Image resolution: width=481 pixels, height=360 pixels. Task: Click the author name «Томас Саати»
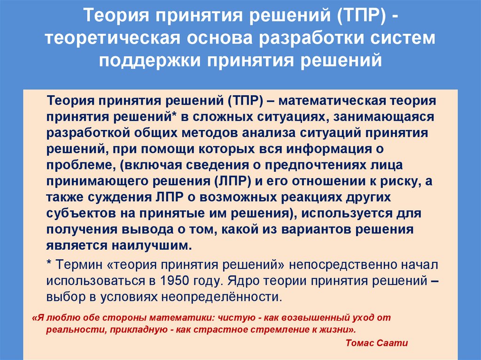click(x=376, y=343)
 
